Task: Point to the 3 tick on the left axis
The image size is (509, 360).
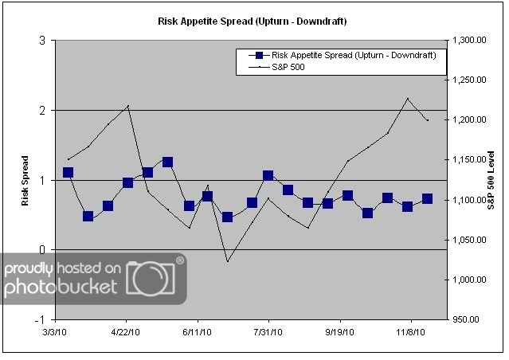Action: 41,41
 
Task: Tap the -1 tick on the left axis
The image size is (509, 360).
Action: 39,319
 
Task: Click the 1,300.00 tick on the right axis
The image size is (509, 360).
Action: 469,41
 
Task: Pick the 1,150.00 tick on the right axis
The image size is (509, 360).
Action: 469,160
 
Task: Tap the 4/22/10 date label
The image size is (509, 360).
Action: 127,331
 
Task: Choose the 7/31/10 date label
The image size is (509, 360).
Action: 268,331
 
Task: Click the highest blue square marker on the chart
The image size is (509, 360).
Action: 167,162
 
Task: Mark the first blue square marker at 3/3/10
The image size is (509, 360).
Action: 68,172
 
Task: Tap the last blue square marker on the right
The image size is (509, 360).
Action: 427,198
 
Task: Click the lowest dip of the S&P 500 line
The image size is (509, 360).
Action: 227,261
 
